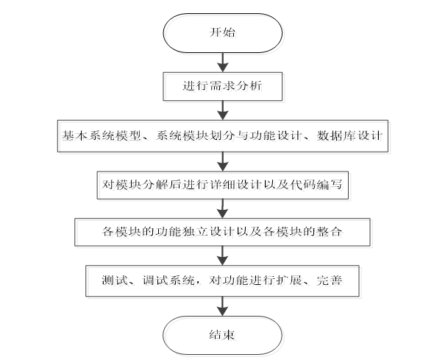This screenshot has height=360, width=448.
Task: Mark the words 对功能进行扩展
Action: [249, 280]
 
